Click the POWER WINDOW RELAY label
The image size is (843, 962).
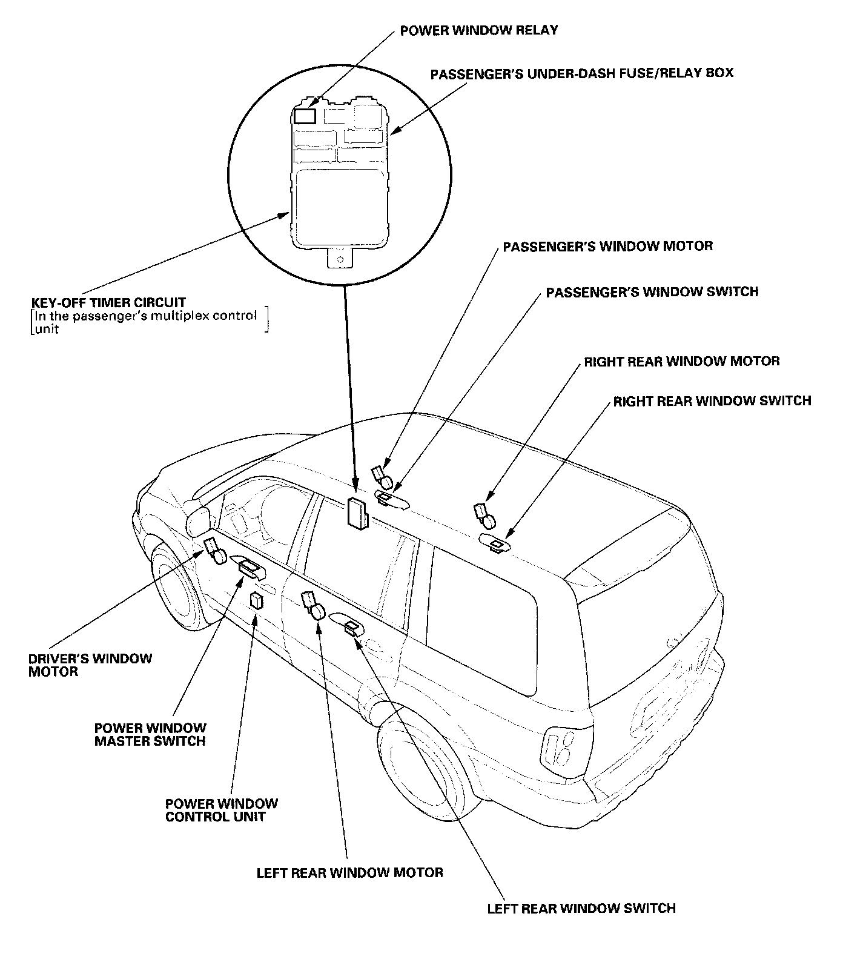478,30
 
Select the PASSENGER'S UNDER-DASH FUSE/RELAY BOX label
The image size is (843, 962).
581,73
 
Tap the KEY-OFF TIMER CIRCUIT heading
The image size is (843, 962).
108,302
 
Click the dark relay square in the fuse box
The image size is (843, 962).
304,115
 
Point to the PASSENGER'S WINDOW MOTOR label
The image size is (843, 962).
607,246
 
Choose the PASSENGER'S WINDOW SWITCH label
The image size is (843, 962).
652,292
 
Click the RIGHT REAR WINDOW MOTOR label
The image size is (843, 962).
681,361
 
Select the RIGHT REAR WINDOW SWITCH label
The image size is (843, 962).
712,401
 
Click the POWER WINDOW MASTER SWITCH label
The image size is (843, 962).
150,734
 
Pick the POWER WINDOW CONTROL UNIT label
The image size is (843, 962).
221,810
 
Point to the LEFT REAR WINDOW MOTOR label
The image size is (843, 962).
349,872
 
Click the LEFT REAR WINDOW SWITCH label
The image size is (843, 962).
581,908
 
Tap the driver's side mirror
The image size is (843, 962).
198,520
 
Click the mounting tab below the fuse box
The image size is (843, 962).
340,259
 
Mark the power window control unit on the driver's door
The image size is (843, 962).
257,600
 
